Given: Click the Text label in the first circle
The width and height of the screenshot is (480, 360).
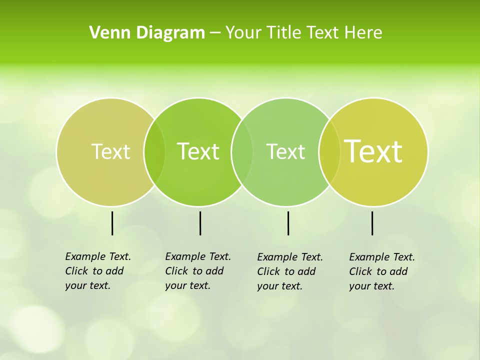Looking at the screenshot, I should [110, 151].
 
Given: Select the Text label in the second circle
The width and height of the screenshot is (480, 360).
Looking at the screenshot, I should [198, 151].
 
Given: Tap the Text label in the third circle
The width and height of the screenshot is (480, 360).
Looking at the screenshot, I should [285, 151].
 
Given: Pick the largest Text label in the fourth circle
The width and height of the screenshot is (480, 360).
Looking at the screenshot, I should [373, 151].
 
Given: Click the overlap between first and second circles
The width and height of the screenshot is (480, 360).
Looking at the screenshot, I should [154, 151].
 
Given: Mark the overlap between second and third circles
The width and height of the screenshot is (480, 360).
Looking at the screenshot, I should [242, 151].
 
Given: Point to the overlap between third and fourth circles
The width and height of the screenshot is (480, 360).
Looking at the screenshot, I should [329, 151].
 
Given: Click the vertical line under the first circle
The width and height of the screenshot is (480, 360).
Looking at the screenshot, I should [112, 223].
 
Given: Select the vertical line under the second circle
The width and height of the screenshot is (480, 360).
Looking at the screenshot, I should [200, 223].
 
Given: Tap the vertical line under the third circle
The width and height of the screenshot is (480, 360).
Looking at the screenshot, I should [288, 223].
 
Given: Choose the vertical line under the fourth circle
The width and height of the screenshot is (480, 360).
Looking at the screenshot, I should [372, 223].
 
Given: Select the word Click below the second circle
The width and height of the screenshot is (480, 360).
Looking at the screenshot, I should [176, 271].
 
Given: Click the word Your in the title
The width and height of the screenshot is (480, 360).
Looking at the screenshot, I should [243, 33].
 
